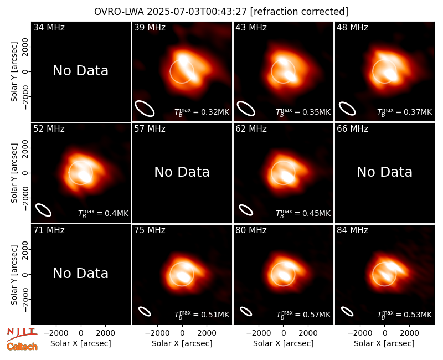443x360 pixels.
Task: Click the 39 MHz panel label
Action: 150,27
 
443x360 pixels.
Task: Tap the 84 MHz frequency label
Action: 352,230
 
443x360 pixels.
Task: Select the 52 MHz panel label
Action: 49,129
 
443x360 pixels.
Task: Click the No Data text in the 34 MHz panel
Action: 81,71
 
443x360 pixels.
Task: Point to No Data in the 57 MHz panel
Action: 182,172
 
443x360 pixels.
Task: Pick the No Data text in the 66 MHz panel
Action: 384,172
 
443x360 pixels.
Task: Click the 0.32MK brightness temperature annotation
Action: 202,112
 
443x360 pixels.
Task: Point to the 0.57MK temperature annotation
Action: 303,315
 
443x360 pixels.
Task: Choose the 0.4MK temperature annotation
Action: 103,213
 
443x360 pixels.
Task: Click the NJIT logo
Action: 22,333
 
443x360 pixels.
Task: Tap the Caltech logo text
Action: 22,347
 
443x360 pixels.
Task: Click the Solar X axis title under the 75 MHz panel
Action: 182,343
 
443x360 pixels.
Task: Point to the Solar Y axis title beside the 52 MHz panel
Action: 14,173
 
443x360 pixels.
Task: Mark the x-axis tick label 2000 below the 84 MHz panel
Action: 409,333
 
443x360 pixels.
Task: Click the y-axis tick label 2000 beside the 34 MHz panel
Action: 25,47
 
